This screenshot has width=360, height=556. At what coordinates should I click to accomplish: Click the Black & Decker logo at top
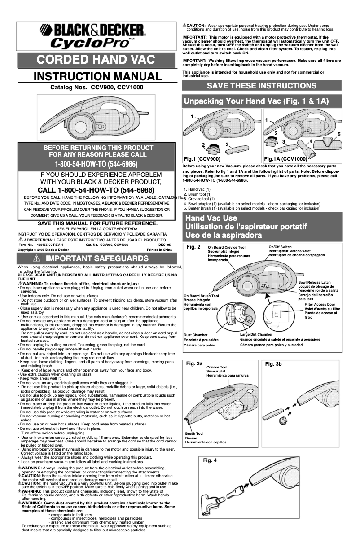click(94, 31)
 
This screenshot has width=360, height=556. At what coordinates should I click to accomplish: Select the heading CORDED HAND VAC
click(96, 59)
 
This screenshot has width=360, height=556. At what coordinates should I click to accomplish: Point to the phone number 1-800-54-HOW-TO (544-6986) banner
click(96, 162)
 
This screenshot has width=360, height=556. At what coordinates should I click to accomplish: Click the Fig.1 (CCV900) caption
click(202, 158)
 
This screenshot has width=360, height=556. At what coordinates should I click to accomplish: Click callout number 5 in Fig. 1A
click(339, 134)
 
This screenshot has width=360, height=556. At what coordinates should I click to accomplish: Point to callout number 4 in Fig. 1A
click(311, 141)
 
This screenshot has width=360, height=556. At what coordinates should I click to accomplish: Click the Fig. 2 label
click(193, 247)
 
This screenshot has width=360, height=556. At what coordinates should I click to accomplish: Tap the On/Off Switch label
click(280, 247)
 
